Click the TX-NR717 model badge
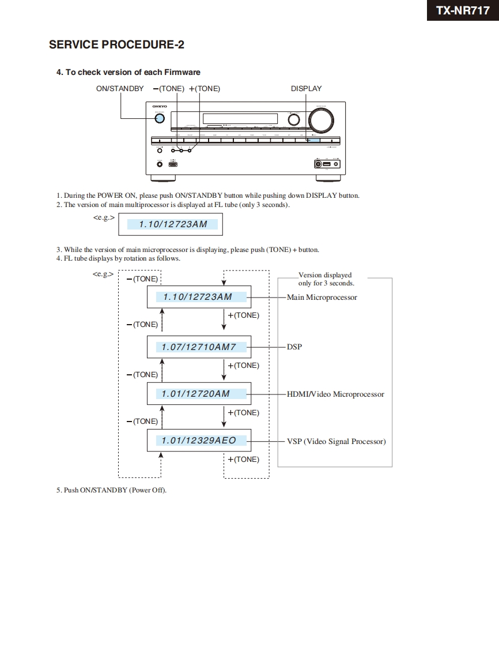pyautogui.click(x=463, y=10)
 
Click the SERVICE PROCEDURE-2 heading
pyautogui.click(x=116, y=44)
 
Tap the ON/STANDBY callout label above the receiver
pyautogui.click(x=120, y=89)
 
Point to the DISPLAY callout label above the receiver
pyautogui.click(x=306, y=89)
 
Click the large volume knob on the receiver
pyautogui.click(x=321, y=119)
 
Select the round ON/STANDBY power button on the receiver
pyautogui.click(x=160, y=119)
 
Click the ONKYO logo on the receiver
pyautogui.click(x=159, y=107)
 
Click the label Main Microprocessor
pyautogui.click(x=322, y=298)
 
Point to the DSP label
pyautogui.click(x=294, y=347)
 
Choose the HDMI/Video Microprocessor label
pyautogui.click(x=335, y=394)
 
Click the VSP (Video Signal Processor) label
pyautogui.click(x=336, y=442)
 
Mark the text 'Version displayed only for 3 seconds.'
pyautogui.click(x=326, y=279)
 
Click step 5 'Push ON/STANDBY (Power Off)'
pyautogui.click(x=111, y=490)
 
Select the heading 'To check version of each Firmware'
pyautogui.click(x=128, y=72)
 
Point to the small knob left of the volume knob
pyautogui.click(x=294, y=119)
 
